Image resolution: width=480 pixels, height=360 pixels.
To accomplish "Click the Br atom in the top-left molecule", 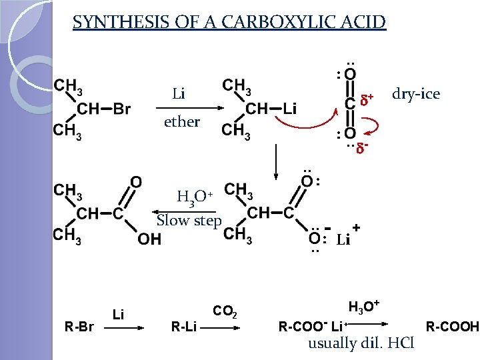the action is click(121, 109).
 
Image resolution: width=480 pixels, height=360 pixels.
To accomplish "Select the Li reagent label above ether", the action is click(179, 94).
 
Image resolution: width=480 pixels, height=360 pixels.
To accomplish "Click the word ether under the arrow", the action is click(181, 122).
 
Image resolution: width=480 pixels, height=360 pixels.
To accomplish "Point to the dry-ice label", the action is click(416, 94).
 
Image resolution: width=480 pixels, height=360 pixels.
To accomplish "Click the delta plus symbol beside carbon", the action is click(366, 100).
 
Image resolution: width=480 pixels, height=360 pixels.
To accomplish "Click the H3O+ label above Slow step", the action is click(194, 197).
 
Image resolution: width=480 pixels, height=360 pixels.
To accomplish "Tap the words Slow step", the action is click(189, 221).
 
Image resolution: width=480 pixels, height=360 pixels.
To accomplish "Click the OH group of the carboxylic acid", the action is click(149, 239).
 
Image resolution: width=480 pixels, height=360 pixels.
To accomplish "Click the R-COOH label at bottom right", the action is click(452, 327).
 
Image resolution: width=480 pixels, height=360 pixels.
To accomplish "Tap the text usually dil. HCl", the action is click(361, 344).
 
